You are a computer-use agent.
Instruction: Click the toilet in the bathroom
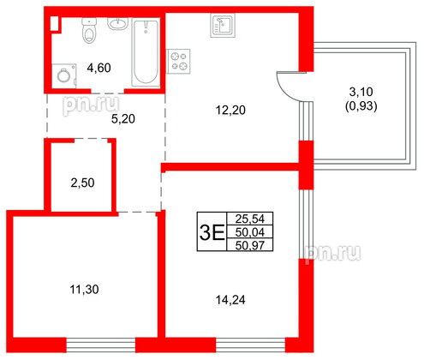click(86, 33)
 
